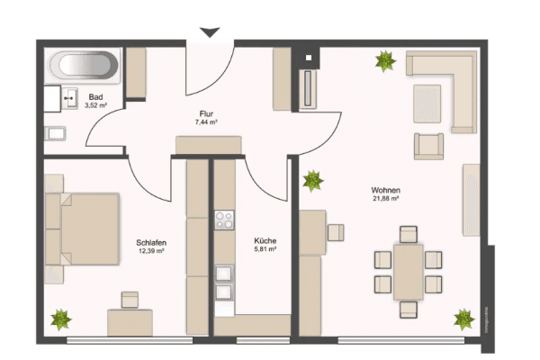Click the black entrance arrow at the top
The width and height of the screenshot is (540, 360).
210,32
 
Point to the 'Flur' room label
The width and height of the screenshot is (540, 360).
207,112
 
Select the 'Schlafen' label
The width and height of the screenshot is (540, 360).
150,243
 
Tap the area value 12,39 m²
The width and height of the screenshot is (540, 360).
150,252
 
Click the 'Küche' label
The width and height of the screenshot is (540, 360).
265,240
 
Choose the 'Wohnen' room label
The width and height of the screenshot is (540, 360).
384,190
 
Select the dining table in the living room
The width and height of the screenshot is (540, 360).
409,271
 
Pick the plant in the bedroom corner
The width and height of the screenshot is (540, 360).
62,319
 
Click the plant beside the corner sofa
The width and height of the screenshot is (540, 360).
385,61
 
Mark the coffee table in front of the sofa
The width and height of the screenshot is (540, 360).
427,102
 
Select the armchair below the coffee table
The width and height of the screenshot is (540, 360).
428,145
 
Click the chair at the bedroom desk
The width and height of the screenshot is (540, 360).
131,300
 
